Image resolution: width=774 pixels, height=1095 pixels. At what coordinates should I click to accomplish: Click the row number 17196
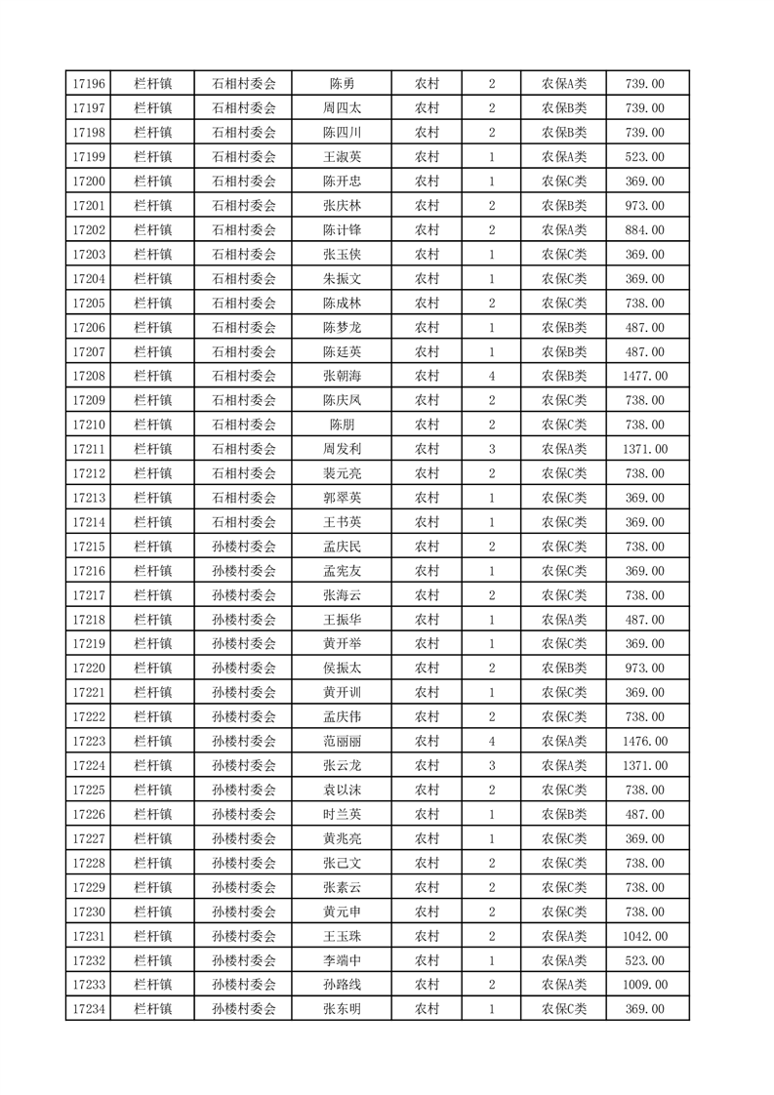point(89,84)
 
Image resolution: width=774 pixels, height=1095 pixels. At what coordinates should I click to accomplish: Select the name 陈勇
point(342,84)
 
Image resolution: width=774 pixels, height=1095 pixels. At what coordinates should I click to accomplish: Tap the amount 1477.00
point(644,376)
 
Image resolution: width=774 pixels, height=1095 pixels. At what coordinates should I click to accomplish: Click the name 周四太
point(342,108)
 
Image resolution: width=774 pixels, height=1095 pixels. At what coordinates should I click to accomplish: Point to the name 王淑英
point(342,157)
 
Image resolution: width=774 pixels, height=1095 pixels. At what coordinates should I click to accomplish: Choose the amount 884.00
point(644,230)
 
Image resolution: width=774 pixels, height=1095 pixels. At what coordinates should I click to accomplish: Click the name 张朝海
point(342,376)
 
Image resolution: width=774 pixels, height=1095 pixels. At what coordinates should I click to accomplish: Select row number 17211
point(89,449)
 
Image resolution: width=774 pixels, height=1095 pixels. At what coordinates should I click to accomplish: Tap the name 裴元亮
point(342,473)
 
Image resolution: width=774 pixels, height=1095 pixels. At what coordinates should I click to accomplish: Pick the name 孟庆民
point(342,547)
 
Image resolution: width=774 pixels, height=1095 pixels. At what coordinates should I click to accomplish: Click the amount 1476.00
point(644,742)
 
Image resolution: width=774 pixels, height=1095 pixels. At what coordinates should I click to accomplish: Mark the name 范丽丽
point(342,742)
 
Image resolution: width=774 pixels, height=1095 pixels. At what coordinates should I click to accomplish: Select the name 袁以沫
point(342,791)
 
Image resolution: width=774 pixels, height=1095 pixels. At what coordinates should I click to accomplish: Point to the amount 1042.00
point(644,936)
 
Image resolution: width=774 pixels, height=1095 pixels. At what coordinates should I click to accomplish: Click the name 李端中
point(342,960)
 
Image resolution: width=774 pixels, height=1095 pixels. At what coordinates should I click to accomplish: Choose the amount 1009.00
point(644,985)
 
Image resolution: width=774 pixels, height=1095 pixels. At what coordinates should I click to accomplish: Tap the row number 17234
point(89,1009)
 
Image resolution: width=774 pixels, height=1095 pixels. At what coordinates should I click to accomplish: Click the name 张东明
point(342,1009)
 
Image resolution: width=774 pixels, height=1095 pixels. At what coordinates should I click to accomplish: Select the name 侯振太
point(342,669)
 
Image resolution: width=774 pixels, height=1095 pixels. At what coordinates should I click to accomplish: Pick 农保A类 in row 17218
point(564,620)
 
